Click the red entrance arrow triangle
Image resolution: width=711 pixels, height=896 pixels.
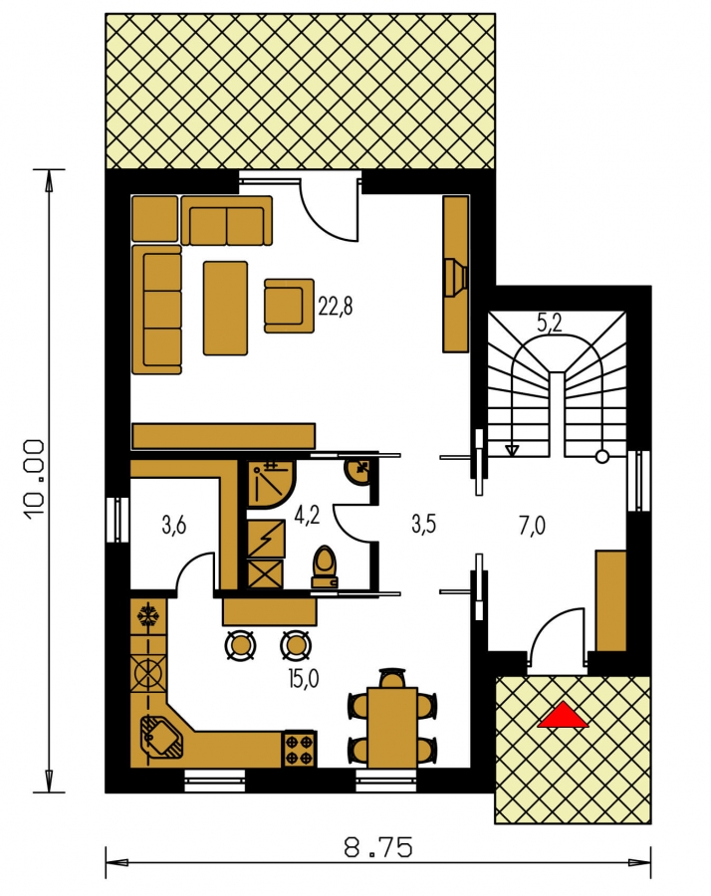(563, 716)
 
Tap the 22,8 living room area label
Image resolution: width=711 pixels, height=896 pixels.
(336, 307)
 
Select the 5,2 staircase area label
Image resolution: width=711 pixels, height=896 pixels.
(550, 325)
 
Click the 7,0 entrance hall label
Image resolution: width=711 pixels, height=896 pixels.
(532, 526)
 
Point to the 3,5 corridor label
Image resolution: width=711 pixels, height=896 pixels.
(424, 524)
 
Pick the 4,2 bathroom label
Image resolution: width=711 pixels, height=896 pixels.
(307, 515)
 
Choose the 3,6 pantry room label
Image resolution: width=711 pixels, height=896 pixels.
(173, 525)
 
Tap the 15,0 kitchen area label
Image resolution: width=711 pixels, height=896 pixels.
(304, 679)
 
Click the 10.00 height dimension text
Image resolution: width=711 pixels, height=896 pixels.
(34, 480)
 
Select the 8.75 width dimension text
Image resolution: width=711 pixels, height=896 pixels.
(377, 847)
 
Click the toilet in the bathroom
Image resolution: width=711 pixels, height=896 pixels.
(325, 566)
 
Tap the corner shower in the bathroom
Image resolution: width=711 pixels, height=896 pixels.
(272, 485)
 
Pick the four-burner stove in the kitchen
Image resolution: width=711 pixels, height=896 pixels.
(299, 749)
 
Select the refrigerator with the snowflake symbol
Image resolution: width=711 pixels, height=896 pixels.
(148, 616)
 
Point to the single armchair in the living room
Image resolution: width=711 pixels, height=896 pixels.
(289, 306)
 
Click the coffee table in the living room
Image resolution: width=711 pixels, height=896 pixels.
(225, 308)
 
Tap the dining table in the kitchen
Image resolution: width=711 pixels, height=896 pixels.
(392, 728)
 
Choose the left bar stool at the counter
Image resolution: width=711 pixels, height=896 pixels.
(240, 646)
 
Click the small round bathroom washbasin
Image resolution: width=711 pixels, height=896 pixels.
(357, 471)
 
